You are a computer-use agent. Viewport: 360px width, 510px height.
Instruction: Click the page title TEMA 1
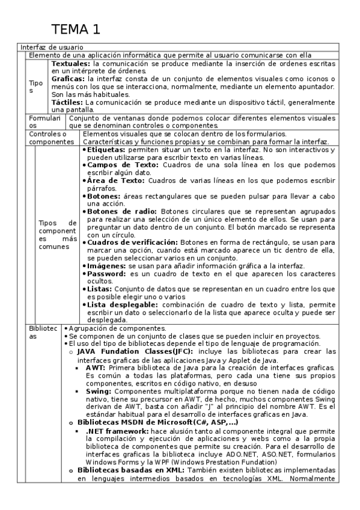click(76, 29)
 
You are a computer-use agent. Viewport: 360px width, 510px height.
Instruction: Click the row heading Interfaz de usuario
click(52, 47)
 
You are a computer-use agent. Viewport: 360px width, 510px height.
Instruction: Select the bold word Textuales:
click(71, 63)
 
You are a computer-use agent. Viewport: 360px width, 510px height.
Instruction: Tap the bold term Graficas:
click(68, 79)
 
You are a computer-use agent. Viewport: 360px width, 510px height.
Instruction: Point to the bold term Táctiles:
click(68, 102)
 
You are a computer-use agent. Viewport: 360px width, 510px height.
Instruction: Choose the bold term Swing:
click(99, 391)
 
